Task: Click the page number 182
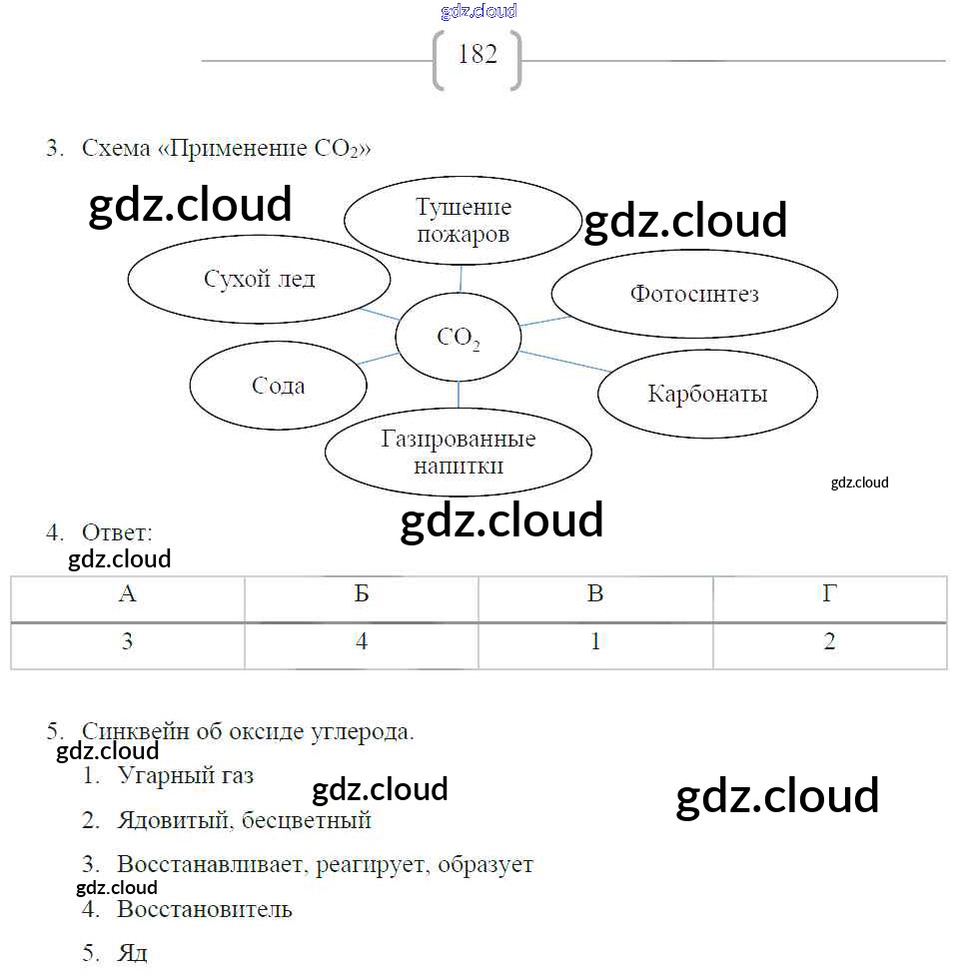477,55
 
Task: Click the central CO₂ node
459,339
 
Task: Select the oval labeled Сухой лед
260,279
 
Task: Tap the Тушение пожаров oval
463,221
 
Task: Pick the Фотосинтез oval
694,294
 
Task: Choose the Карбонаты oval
707,394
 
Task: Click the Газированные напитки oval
459,453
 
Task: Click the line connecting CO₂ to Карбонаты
564,361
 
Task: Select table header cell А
127,595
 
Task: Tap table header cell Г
829,595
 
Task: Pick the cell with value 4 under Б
362,642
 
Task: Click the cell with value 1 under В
595,642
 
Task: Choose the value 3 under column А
127,642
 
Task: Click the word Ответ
117,532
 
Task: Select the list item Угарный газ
186,775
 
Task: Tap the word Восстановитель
205,909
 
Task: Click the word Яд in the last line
132,953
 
